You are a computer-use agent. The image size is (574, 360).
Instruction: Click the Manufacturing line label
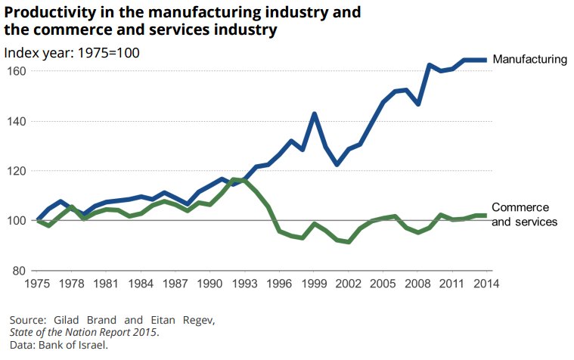click(x=529, y=59)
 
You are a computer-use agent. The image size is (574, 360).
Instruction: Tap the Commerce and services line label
click(x=524, y=215)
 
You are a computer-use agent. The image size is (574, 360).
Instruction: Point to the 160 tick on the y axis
click(x=16, y=71)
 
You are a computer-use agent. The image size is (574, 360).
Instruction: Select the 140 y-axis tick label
click(x=16, y=121)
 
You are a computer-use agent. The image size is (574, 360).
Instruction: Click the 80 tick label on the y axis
click(x=19, y=271)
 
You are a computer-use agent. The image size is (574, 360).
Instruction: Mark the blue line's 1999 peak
click(x=314, y=114)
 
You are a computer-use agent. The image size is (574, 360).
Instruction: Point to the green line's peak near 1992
click(x=234, y=179)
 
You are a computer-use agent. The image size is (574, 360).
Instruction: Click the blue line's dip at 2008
click(x=417, y=103)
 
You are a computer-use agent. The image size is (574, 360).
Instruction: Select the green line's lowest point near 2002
click(x=349, y=241)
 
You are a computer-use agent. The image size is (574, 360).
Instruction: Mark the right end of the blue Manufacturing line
click(x=485, y=60)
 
